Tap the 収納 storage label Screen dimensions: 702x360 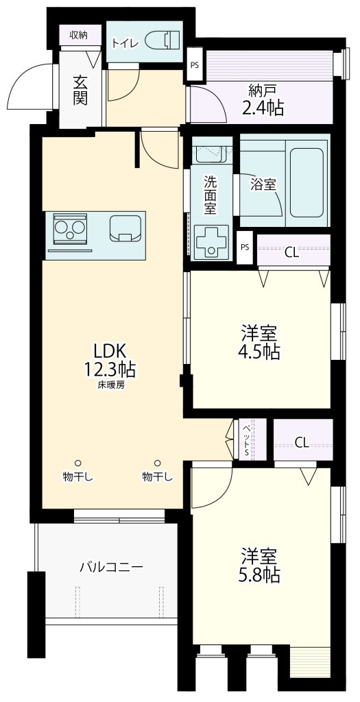click(78, 35)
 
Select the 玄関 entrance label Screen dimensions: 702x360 click(79, 88)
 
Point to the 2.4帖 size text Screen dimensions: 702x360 click(262, 107)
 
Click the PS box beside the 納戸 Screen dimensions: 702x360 click(195, 65)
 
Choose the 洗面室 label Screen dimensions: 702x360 click(211, 194)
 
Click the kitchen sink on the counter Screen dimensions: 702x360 click(125, 228)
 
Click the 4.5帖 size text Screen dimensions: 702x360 click(260, 352)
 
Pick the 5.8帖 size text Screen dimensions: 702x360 click(260, 574)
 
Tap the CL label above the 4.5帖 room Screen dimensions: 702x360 click(291, 252)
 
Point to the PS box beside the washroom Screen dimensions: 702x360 click(245, 247)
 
